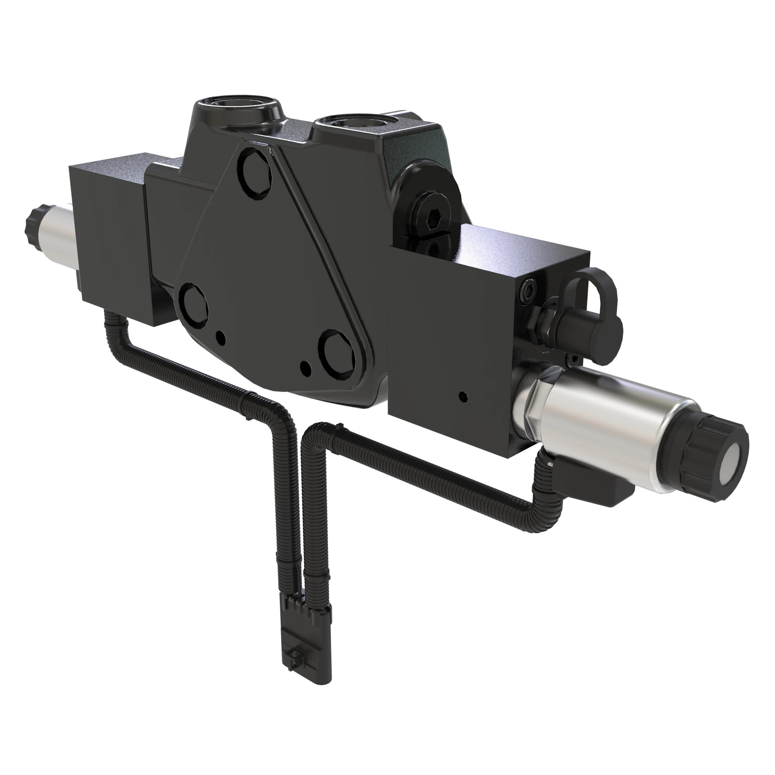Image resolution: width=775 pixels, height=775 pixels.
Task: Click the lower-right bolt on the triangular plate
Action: (339, 351)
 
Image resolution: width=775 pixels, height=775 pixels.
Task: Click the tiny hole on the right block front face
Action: (464, 397)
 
